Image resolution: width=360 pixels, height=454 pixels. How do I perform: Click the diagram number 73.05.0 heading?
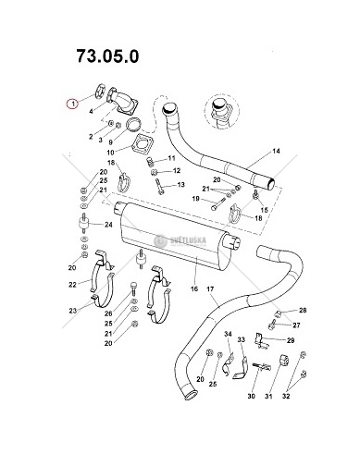click(107, 56)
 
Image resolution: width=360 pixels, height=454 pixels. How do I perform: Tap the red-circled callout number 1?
click(73, 104)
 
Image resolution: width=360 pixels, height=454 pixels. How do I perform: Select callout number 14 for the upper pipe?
click(276, 151)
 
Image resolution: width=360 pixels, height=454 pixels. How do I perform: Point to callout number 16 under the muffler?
click(194, 288)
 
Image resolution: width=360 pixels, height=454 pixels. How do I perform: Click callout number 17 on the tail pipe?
click(210, 288)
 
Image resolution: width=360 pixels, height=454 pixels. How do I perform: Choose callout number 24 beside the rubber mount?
click(108, 225)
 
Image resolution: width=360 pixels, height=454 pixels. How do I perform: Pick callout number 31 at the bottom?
click(268, 396)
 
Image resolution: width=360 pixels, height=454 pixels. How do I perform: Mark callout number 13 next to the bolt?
click(180, 185)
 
